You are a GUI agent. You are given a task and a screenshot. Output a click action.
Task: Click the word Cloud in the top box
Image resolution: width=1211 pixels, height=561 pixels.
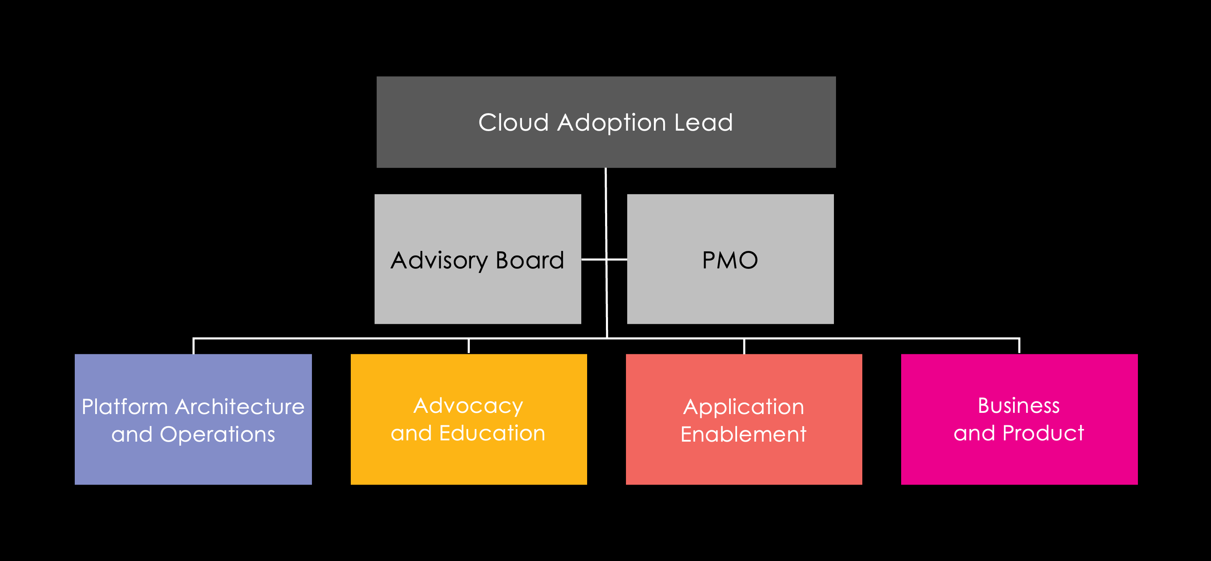coord(513,123)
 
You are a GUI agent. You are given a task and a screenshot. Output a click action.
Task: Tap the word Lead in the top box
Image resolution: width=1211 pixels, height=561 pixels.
coord(703,123)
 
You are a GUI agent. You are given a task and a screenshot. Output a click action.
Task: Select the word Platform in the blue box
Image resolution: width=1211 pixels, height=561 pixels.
coord(124,407)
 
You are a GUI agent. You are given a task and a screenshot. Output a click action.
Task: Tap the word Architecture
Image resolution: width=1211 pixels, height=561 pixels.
coord(240,407)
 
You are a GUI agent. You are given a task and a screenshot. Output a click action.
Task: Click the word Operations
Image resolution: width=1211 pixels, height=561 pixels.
coord(217,435)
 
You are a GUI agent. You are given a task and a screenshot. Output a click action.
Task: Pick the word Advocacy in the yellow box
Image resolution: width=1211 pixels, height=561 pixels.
coord(468,406)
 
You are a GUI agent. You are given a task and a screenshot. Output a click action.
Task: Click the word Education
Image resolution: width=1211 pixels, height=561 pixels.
coord(492,433)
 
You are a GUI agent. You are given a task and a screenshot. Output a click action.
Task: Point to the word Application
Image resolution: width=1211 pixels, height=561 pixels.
coord(744,407)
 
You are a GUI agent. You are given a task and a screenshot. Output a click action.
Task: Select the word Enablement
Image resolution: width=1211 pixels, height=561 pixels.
coord(744,435)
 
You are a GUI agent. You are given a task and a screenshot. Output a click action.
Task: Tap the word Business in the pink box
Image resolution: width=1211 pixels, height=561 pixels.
coord(1019,406)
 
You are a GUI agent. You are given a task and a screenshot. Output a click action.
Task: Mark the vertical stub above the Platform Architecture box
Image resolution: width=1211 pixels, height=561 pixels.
coord(194,346)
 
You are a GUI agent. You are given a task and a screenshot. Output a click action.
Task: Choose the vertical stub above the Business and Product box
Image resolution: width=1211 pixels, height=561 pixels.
coord(1019,346)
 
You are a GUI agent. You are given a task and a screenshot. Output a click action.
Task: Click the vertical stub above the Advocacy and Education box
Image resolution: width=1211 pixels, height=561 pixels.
coord(469,346)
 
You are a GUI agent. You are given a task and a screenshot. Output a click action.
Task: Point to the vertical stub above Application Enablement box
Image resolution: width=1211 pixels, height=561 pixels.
coord(744,346)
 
